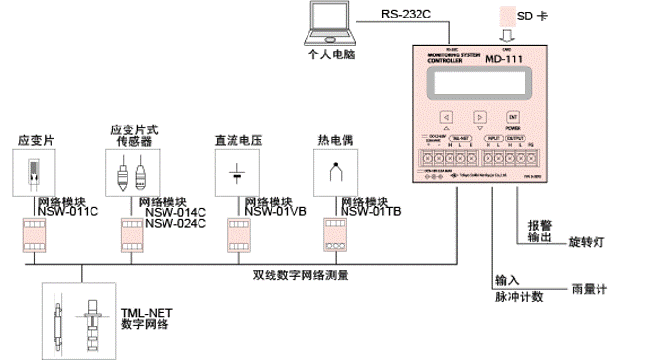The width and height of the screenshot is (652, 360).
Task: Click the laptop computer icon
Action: coord(329,22)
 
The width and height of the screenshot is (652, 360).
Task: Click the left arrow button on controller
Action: coord(445,117)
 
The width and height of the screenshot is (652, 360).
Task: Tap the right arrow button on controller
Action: coord(479,117)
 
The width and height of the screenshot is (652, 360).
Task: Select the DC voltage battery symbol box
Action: coord(237,173)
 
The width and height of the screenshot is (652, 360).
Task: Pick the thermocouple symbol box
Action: coord(337,173)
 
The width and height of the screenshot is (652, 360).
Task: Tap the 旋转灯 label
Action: coord(588,238)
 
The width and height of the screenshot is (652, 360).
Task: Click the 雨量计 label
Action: coord(587,290)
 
